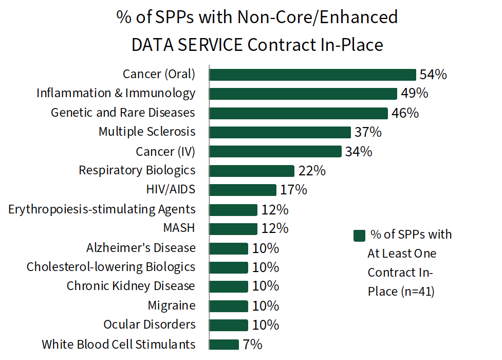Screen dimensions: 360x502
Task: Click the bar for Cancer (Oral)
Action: pos(312,75)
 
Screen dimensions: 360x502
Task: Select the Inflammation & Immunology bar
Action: pos(303,94)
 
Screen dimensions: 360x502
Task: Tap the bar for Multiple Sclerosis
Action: pos(280,132)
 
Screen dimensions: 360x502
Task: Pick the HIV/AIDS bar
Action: pos(243,190)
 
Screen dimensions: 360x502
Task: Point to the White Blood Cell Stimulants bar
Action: pos(225,345)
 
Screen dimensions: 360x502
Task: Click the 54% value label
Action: pos(433,75)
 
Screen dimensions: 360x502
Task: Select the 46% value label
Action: pos(405,113)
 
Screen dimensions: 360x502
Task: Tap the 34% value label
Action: pos(359,152)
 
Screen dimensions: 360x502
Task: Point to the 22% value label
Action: pos(312,171)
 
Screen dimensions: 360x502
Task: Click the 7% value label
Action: pos(253,345)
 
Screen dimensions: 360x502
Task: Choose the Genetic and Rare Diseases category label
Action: pos(123,112)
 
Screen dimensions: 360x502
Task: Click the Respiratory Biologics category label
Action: pos(137,170)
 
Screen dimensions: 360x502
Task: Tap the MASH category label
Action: pos(179,228)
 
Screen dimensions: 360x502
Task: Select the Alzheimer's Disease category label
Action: pos(141,248)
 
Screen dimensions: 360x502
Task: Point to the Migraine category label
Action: pos(172,305)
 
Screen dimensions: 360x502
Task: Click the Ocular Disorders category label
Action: pos(149,325)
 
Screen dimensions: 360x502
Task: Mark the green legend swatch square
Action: pos(359,236)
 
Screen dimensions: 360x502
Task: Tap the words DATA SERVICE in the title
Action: pos(187,45)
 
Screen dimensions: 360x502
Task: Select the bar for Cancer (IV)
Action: pos(275,152)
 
